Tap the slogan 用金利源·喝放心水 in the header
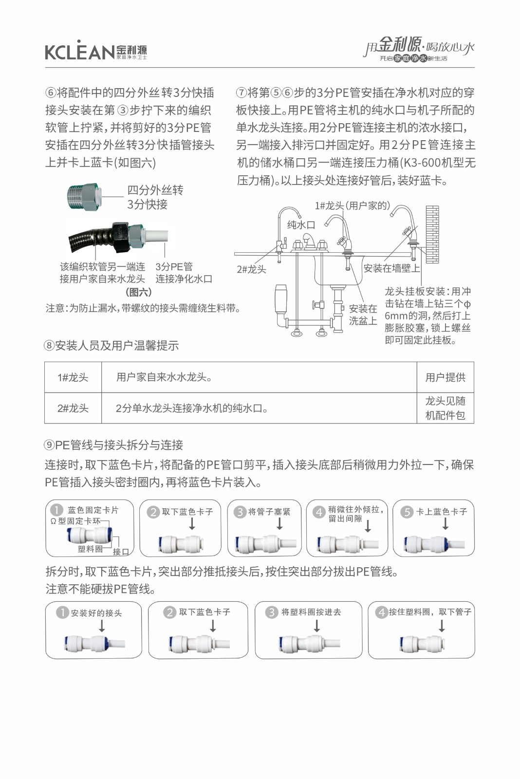pyautogui.click(x=419, y=47)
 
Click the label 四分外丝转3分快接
pyautogui.click(x=155, y=197)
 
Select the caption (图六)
pyautogui.click(x=139, y=292)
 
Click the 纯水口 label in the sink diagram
pyautogui.click(x=301, y=224)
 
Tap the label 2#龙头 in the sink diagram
pyautogui.click(x=251, y=269)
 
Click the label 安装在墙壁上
pyautogui.click(x=391, y=268)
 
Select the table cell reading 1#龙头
pyautogui.click(x=73, y=377)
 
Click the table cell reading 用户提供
pyautogui.click(x=445, y=377)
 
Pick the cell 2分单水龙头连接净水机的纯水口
pyautogui.click(x=192, y=408)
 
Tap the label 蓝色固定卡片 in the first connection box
pyautogui.click(x=93, y=510)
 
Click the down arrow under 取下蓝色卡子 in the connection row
pyautogui.click(x=192, y=524)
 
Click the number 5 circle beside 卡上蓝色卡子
pyautogui.click(x=407, y=512)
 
